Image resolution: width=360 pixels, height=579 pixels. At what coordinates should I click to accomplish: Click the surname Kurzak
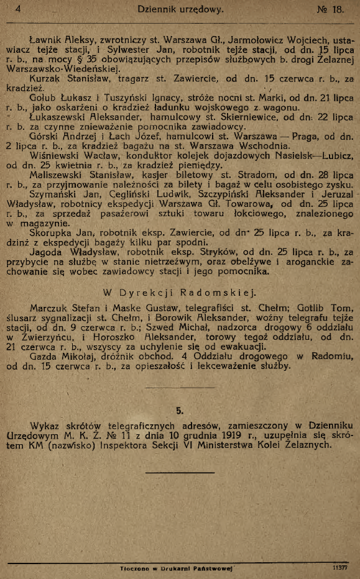(44, 80)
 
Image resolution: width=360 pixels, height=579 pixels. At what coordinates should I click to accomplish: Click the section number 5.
(180, 410)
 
